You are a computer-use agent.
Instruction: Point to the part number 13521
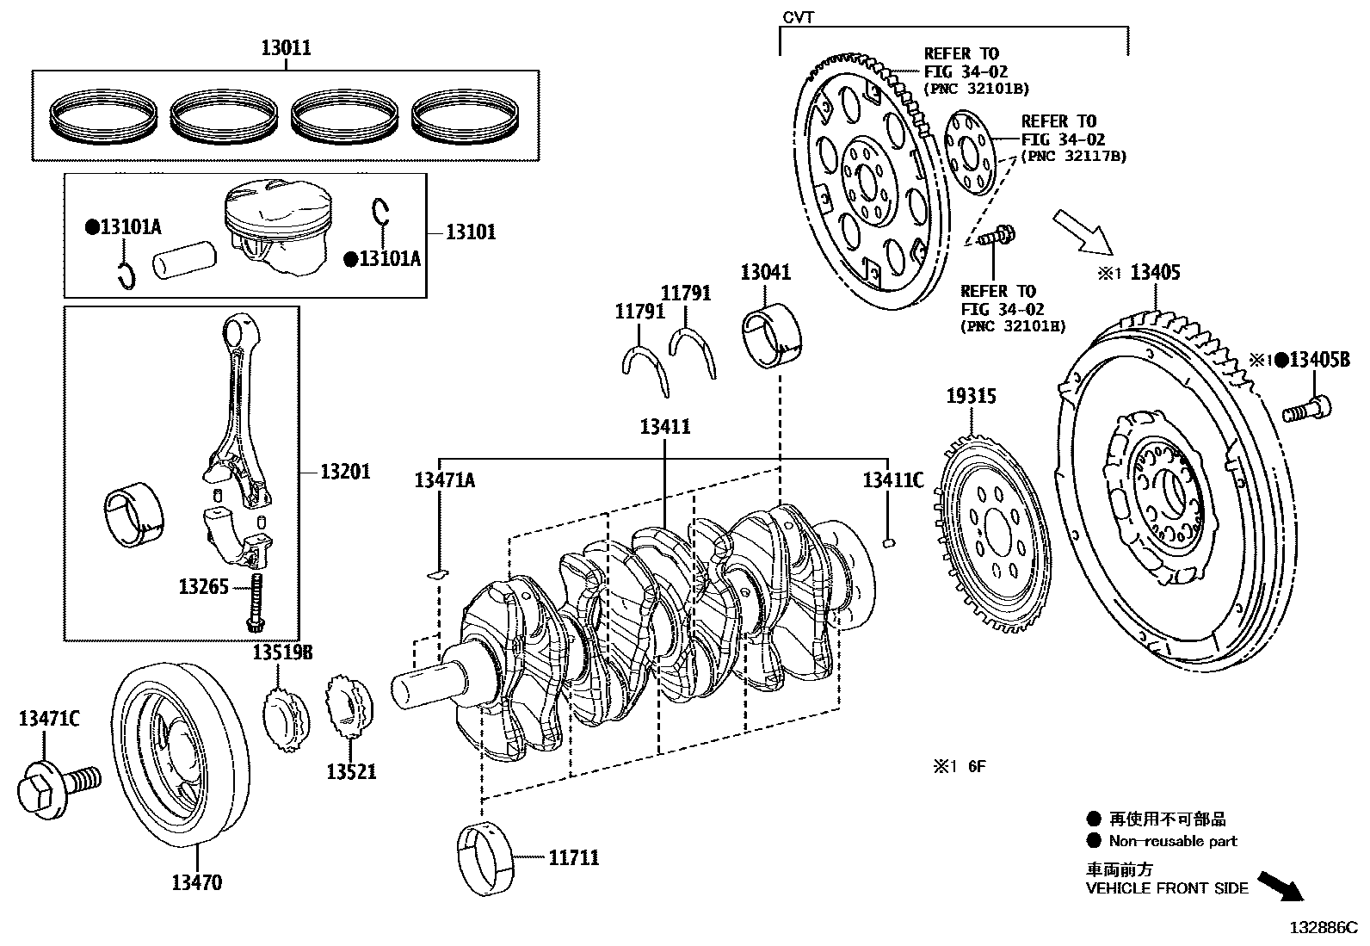350,771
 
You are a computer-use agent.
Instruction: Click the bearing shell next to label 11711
484,858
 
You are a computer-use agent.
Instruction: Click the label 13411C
892,480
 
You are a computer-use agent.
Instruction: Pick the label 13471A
444,480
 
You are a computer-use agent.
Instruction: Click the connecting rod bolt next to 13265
256,603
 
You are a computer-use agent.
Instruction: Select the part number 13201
345,472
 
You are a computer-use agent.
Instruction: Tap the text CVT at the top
798,16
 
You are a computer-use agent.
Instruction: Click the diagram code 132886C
1322,927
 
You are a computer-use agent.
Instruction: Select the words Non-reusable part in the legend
1172,841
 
